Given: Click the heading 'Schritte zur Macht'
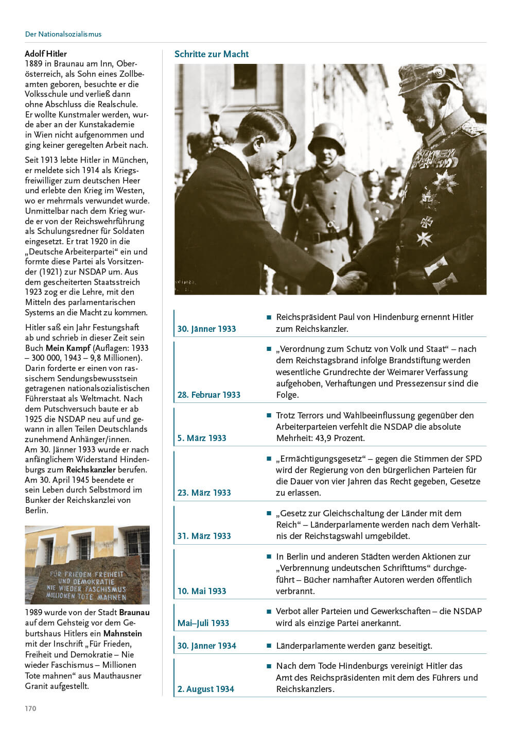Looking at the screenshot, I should click(x=211, y=54).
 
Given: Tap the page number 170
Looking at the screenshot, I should click(x=30, y=709).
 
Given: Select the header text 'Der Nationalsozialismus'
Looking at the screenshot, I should click(x=63, y=34).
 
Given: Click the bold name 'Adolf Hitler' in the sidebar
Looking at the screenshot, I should click(x=46, y=54).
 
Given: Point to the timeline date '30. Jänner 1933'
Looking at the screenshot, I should click(x=206, y=329).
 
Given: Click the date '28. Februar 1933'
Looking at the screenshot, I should click(x=209, y=395).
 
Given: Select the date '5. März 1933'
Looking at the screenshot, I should click(x=202, y=438).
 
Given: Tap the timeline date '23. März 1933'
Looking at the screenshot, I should click(x=204, y=493).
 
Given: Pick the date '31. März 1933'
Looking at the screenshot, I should click(x=204, y=536).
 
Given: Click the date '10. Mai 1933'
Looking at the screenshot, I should click(x=202, y=591).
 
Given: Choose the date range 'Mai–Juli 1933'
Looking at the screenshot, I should click(x=203, y=623).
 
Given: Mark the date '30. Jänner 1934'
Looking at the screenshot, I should click(x=206, y=646).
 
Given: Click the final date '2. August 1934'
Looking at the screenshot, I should click(x=205, y=689).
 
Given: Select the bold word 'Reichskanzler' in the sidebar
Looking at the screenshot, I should click(x=91, y=469).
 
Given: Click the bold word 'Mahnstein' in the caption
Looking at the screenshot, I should click(x=123, y=633).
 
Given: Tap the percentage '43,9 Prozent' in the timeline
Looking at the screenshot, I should click(x=342, y=438).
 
